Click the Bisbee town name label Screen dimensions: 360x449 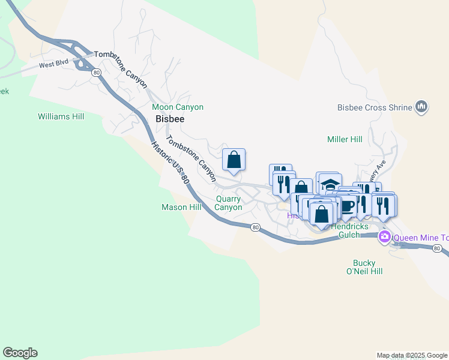click(x=170, y=119)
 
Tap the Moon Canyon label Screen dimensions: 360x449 click(x=178, y=107)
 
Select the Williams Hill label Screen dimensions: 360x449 click(x=61, y=116)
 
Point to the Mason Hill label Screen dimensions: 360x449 click(x=181, y=207)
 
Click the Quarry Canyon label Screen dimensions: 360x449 click(x=229, y=203)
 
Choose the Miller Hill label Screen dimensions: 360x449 click(x=345, y=139)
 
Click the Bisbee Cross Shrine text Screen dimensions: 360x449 click(x=374, y=108)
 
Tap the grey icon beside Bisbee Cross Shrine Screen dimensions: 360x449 click(x=421, y=107)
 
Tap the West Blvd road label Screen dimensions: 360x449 click(x=55, y=64)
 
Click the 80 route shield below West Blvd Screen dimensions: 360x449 click(x=96, y=72)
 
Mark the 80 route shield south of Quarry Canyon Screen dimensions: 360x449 click(x=256, y=227)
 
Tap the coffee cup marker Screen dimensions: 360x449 click(x=346, y=206)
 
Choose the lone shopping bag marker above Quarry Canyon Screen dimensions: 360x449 click(x=234, y=160)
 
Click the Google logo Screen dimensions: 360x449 click(x=20, y=353)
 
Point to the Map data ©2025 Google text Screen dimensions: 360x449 click(x=412, y=355)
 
